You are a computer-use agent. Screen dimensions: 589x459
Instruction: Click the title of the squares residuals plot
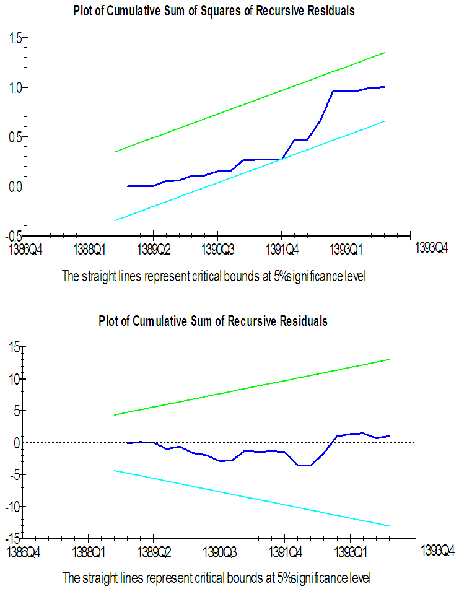[x=214, y=11]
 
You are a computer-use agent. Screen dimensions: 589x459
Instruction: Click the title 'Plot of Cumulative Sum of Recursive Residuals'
[x=212, y=321]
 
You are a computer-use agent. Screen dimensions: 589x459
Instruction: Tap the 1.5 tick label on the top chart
[x=15, y=38]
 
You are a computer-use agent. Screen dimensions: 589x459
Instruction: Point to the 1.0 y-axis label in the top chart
[x=15, y=87]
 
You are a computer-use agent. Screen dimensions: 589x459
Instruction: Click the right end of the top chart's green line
[x=385, y=53]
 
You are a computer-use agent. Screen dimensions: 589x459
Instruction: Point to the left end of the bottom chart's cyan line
[x=115, y=471]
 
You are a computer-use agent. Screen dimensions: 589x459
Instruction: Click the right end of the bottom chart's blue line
[x=389, y=436]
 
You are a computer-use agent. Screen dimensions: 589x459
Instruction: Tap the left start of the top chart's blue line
[x=127, y=186]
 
